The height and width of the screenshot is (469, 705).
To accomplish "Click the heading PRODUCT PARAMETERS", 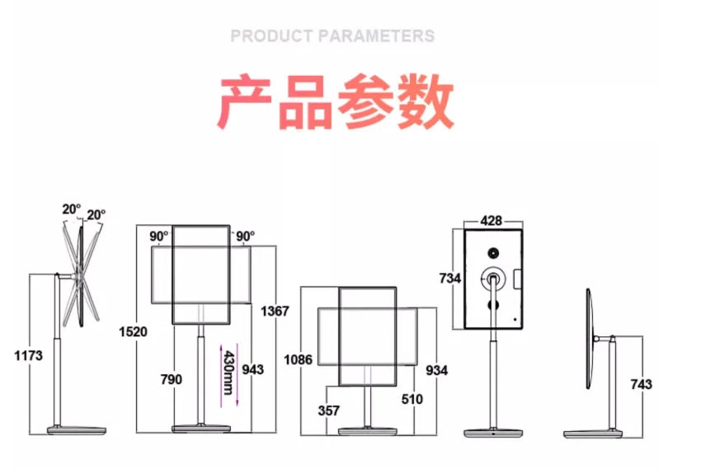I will point(332,36).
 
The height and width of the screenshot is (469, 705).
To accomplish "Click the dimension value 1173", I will point(29,355).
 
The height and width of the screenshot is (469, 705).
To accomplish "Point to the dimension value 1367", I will point(275,311).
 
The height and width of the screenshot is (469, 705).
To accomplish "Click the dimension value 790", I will point(173,379).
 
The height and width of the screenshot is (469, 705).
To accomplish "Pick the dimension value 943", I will point(253,369).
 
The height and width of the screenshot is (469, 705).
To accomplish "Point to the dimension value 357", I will point(328,410).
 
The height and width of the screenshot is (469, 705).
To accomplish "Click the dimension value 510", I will point(411,400).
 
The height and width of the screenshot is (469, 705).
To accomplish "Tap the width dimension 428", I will point(492,220).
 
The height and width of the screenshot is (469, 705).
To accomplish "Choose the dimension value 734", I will point(450,279).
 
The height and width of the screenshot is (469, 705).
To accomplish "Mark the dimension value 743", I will point(641,384).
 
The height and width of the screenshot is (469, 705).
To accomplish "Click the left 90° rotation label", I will point(159,236).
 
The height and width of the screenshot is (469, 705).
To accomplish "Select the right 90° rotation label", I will point(245,236).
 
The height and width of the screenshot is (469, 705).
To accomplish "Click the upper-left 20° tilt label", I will point(71,209).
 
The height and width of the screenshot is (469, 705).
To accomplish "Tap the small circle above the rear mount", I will point(493,252).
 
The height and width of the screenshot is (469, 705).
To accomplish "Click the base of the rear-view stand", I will point(493,432).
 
